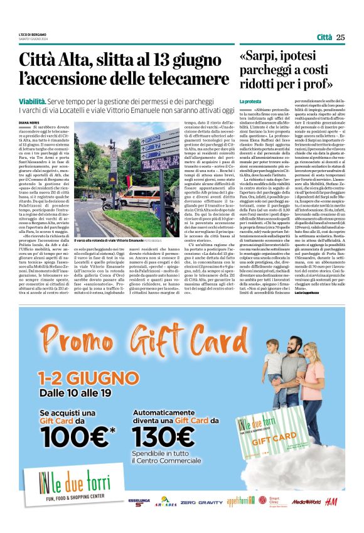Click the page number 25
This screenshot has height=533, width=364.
coord(341,37)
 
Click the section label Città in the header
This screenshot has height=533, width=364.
coord(321,37)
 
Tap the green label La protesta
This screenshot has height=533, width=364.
coord(249,100)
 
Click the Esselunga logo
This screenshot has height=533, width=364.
coord(139,502)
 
